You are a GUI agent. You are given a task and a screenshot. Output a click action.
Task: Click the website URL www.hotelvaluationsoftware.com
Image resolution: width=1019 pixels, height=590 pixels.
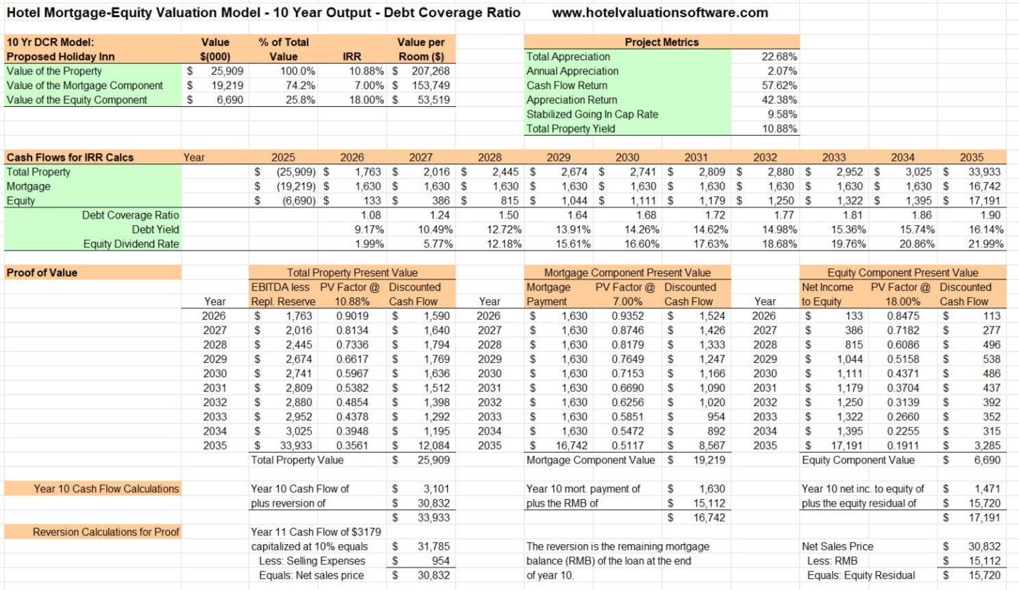tap(659, 13)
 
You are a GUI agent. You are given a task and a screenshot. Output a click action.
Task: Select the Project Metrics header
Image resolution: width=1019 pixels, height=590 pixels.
tap(662, 42)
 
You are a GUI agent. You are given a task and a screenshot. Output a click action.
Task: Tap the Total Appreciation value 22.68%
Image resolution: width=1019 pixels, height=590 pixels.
tap(779, 57)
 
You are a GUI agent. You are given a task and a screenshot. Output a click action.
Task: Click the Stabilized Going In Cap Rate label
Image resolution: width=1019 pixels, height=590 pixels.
tap(592, 114)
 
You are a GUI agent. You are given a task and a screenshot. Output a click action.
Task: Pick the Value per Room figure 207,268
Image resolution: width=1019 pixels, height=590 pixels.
tap(430, 71)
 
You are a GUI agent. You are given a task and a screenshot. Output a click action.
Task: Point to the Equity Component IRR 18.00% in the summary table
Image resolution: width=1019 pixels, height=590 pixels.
tap(366, 100)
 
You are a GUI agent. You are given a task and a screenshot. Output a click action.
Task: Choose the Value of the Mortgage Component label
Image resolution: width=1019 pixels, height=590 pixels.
tap(84, 86)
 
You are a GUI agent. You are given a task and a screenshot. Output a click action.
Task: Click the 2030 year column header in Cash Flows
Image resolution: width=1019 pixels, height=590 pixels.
tap(627, 157)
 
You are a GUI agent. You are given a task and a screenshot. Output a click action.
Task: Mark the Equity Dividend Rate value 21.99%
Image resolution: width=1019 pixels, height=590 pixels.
tap(986, 244)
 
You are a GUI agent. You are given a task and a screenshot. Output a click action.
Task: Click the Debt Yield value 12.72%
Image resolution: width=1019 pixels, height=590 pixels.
tap(504, 230)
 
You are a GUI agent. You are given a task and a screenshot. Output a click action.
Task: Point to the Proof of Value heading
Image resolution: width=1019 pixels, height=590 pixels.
tap(42, 272)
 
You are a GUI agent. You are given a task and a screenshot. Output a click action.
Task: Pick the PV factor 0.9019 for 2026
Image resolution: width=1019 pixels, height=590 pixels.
tap(353, 316)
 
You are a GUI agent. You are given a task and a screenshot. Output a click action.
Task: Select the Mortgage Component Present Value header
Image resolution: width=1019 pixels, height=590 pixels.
tap(627, 272)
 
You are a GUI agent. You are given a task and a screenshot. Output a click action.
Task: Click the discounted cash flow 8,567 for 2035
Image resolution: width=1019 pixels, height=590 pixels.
tap(712, 446)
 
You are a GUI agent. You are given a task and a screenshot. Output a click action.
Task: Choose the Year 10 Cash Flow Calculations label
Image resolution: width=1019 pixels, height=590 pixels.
tap(106, 489)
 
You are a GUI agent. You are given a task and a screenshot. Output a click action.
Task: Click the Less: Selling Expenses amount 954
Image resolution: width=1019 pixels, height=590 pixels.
tap(440, 561)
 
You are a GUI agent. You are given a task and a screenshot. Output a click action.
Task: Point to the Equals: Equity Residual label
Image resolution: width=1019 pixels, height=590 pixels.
tap(861, 576)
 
